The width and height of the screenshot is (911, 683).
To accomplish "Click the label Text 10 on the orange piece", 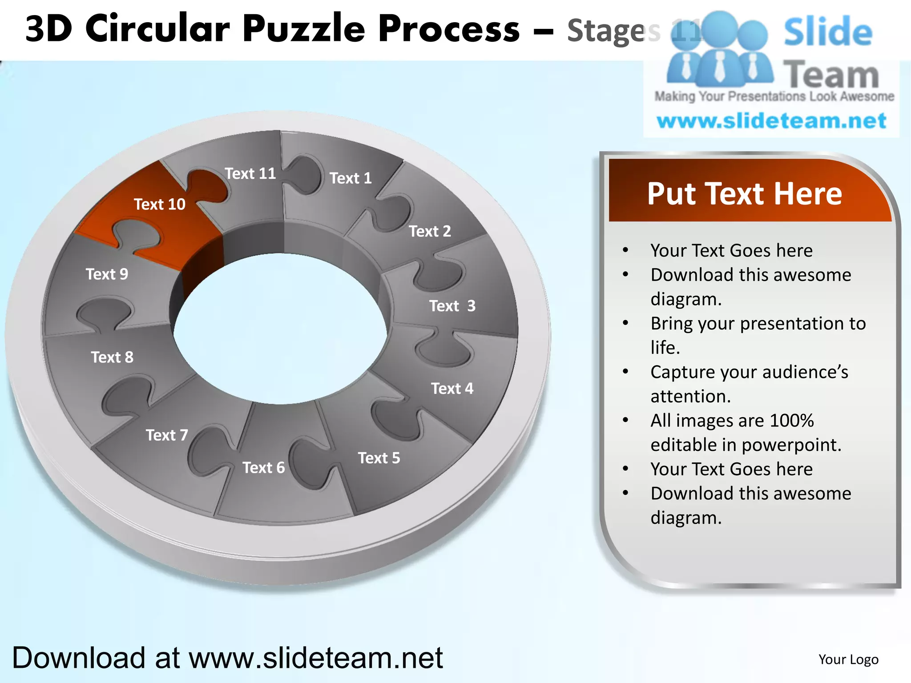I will pyautogui.click(x=159, y=204).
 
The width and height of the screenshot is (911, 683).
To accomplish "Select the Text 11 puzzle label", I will pyautogui.click(x=250, y=173).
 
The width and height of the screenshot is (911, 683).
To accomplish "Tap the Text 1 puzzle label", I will pyautogui.click(x=351, y=178).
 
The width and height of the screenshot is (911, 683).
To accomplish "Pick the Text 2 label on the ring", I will pyautogui.click(x=430, y=231).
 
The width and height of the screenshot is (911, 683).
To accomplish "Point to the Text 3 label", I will pyautogui.click(x=452, y=306).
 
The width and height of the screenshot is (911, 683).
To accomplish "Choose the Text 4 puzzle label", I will pyautogui.click(x=452, y=389).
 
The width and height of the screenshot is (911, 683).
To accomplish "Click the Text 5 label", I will pyautogui.click(x=379, y=458).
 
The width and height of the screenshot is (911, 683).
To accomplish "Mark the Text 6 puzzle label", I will pyautogui.click(x=263, y=468).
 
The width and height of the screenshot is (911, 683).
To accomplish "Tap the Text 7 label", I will pyautogui.click(x=167, y=435).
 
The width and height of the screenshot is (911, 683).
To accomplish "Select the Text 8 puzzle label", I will pyautogui.click(x=112, y=357).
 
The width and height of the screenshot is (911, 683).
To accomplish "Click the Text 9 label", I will pyautogui.click(x=107, y=274).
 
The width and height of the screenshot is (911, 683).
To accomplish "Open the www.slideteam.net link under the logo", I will pyautogui.click(x=771, y=121).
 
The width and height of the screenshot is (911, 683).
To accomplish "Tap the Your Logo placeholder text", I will pyautogui.click(x=848, y=659).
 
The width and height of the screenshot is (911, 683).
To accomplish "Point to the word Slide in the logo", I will pyautogui.click(x=828, y=32).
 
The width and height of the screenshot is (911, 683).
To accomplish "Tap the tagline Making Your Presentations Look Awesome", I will pyautogui.click(x=774, y=96).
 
